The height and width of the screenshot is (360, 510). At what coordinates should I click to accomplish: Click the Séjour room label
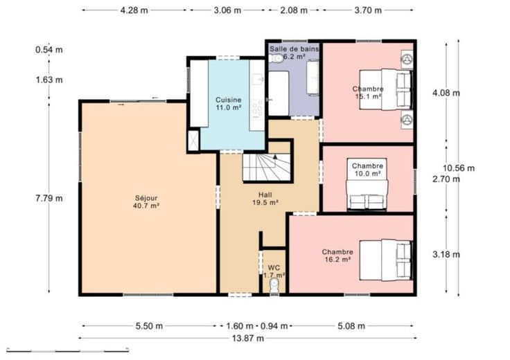click(146, 201)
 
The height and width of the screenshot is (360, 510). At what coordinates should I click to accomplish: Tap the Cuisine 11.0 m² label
click(229, 104)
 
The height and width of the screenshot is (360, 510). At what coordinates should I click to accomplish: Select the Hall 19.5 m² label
click(265, 199)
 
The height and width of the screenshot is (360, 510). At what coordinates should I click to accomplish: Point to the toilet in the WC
click(274, 286)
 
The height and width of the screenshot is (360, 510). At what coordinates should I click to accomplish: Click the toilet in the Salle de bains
click(276, 58)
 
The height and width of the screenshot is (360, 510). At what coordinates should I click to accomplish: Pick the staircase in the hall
click(267, 167)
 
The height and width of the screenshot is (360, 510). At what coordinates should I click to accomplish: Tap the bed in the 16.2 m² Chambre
click(386, 260)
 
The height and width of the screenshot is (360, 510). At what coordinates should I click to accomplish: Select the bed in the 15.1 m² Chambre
click(386, 89)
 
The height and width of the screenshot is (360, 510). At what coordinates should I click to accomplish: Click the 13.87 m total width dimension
click(248, 339)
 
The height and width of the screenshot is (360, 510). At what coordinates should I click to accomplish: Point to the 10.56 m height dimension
click(459, 168)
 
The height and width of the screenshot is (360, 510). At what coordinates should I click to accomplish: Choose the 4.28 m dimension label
click(134, 10)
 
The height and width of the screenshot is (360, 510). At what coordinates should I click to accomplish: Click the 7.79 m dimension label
click(49, 198)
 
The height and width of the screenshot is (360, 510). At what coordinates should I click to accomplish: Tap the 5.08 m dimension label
click(351, 326)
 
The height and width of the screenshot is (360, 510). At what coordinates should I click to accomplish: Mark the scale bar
click(68, 350)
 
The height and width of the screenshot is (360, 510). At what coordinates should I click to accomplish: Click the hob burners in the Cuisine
click(257, 108)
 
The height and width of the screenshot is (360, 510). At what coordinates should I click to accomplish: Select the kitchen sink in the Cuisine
click(258, 79)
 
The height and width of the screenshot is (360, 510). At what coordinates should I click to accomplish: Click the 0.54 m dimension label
click(49, 50)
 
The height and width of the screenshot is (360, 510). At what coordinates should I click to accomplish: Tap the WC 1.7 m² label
click(274, 271)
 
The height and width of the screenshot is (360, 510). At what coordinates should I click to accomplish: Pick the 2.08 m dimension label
click(294, 10)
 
